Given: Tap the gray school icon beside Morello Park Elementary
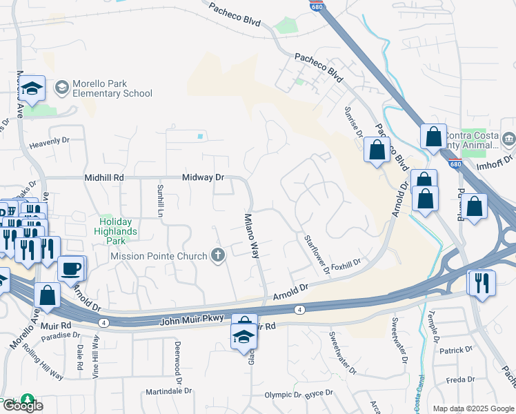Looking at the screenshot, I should pyautogui.click(x=62, y=88).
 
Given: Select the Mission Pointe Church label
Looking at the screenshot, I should pyautogui.click(x=159, y=256).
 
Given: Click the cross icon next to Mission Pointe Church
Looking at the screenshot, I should pyautogui.click(x=218, y=256).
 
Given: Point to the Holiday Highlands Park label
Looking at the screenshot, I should pyautogui.click(x=117, y=226).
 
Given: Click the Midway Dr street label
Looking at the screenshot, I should pyautogui.click(x=204, y=177).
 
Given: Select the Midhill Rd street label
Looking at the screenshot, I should pyautogui.click(x=104, y=177).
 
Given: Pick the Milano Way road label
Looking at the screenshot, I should pyautogui.click(x=252, y=235).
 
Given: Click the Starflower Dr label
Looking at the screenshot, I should pyautogui.click(x=317, y=253).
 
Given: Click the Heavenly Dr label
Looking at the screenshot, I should pyautogui.click(x=50, y=140).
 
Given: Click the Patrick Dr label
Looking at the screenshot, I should pyautogui.click(x=456, y=351).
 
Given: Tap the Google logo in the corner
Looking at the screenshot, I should pyautogui.click(x=22, y=406).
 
